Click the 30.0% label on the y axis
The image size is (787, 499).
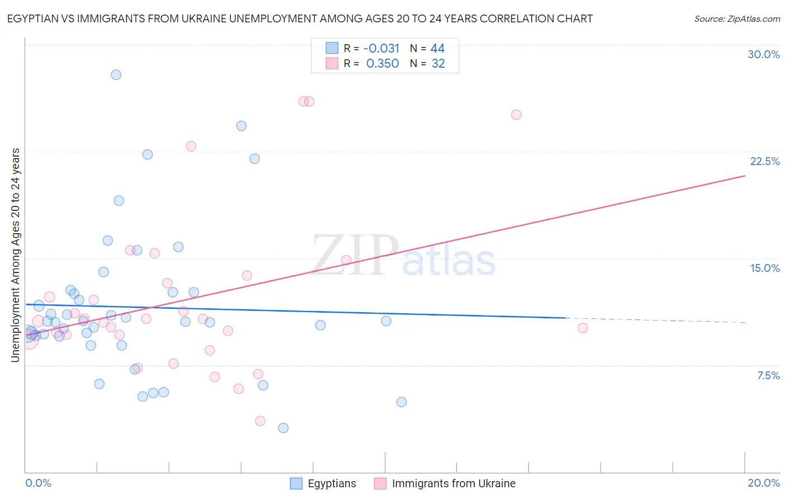click(x=763, y=54)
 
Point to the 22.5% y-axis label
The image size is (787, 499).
click(x=765, y=161)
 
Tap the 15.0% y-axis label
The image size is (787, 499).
click(x=765, y=268)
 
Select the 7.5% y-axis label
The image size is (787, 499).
click(x=768, y=375)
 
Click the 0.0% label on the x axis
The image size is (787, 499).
click(x=38, y=483)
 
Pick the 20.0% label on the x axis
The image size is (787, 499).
click(x=763, y=483)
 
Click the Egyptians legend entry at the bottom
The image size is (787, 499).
click(x=331, y=483)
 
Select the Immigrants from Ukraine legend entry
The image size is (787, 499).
click(x=453, y=483)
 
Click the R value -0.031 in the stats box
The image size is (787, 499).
click(x=381, y=49)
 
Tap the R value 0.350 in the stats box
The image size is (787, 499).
click(x=382, y=64)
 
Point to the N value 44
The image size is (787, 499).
click(x=437, y=49)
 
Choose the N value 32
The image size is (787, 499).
click(x=438, y=64)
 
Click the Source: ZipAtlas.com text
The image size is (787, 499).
click(x=737, y=18)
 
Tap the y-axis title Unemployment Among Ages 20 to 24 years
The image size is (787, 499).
click(x=15, y=255)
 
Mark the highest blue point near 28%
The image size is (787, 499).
click(x=116, y=75)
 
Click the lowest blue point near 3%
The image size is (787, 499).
click(x=283, y=428)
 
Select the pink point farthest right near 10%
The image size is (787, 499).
click(x=583, y=328)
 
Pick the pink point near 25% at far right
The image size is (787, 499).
click(x=516, y=115)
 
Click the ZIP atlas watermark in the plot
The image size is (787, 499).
click(x=403, y=256)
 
